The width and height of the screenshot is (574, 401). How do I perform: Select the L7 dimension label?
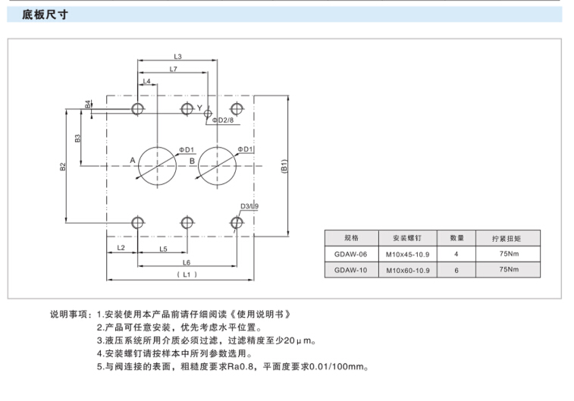click(x=174, y=69)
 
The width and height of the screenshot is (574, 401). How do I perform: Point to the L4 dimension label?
click(x=146, y=80)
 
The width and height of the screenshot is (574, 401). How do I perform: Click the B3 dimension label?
click(x=78, y=138)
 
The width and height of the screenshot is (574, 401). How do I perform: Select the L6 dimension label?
click(x=187, y=262)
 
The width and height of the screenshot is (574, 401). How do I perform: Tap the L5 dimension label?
click(x=163, y=249)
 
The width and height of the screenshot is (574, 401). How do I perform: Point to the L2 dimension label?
click(x=121, y=249)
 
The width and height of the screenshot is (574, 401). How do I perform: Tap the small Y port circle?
click(x=209, y=114)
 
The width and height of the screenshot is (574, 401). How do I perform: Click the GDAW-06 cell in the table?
click(x=350, y=254)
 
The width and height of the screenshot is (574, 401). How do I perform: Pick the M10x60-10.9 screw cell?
click(x=408, y=270)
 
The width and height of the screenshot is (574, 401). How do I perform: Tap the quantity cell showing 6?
click(x=456, y=270)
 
